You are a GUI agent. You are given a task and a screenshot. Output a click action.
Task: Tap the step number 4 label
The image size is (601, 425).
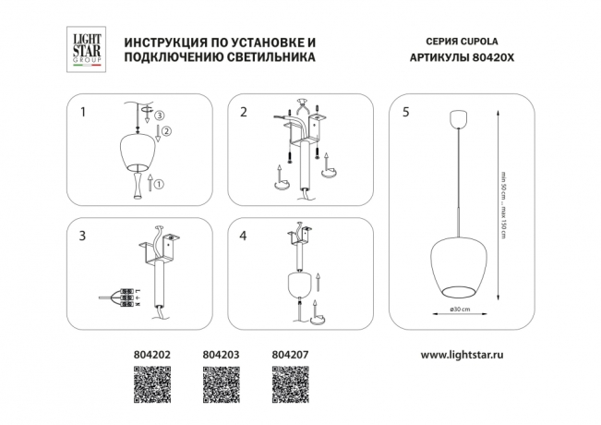coord(243,237)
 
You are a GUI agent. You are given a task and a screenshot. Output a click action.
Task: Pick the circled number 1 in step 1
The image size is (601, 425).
coord(158,184)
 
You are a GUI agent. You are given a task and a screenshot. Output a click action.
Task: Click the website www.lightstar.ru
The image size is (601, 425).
coord(467,354)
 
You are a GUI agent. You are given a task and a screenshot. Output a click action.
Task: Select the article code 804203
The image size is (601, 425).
coord(218,354)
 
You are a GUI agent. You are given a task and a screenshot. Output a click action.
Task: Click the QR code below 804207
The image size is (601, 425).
coord(290,382)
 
